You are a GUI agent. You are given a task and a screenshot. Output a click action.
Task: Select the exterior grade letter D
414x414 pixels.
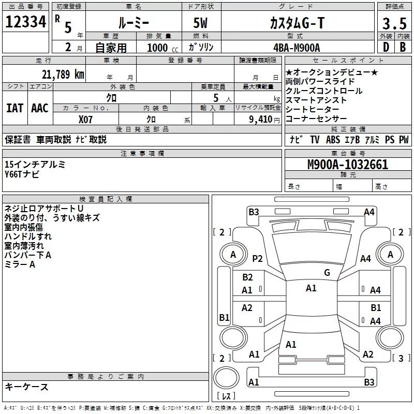click(385, 47)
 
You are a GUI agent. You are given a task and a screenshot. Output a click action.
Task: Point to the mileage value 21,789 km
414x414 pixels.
click(63, 74)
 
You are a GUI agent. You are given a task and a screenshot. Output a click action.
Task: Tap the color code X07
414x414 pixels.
click(86, 119)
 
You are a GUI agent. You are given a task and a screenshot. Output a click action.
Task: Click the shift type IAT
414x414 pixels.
click(14, 108)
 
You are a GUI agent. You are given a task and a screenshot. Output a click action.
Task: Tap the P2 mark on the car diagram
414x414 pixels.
click(257, 258)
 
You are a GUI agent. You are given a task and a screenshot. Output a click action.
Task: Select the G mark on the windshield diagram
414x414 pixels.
click(327, 272)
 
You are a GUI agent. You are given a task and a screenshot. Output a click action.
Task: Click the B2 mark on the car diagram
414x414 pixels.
click(247, 277)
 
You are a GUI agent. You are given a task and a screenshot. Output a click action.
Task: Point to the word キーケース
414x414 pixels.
click(26, 387)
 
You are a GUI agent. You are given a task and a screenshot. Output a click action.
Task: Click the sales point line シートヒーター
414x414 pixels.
click(312, 109)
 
